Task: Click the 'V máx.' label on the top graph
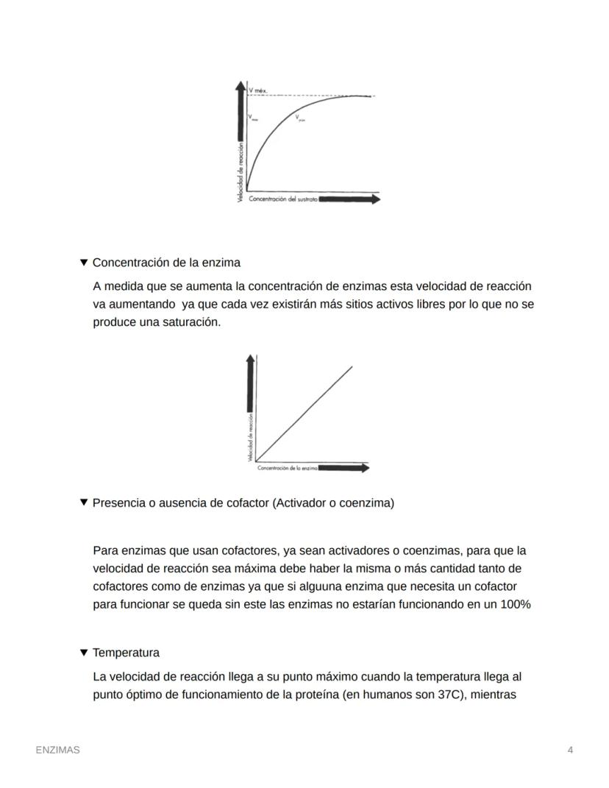(x=258, y=90)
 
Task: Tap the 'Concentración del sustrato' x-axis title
(x=283, y=199)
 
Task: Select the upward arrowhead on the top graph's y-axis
(x=241, y=86)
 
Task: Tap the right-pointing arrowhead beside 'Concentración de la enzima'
(x=365, y=468)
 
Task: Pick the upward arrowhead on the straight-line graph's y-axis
(x=251, y=358)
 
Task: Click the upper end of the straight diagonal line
(x=351, y=367)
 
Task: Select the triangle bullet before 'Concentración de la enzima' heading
(x=84, y=263)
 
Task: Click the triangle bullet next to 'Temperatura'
(x=84, y=653)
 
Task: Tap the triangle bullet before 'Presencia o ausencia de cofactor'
(x=84, y=503)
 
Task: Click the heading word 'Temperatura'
(x=126, y=653)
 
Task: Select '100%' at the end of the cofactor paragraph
(x=515, y=605)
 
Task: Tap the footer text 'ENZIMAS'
(x=58, y=750)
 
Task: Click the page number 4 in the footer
(x=570, y=750)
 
